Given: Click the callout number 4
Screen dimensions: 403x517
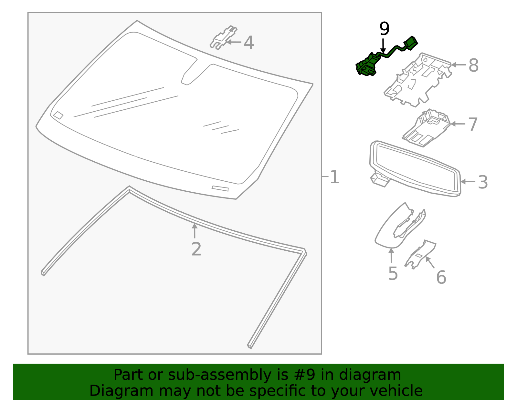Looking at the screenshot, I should pyautogui.click(x=248, y=43).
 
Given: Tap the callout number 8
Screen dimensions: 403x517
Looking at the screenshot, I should pyautogui.click(x=473, y=65).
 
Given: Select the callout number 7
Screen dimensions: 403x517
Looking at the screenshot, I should pyautogui.click(x=473, y=124).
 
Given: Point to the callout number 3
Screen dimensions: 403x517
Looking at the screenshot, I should pyautogui.click(x=483, y=182).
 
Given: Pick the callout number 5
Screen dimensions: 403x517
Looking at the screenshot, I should pyautogui.click(x=393, y=274).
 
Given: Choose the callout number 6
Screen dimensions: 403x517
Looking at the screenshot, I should pyautogui.click(x=441, y=277).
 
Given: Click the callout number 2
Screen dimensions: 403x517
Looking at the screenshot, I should pyautogui.click(x=196, y=249).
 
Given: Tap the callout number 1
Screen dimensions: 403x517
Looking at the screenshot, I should pyautogui.click(x=334, y=177).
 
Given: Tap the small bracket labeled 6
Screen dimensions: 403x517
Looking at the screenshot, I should pyautogui.click(x=420, y=255).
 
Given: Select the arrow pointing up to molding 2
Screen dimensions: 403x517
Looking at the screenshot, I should pyautogui.click(x=195, y=230).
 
